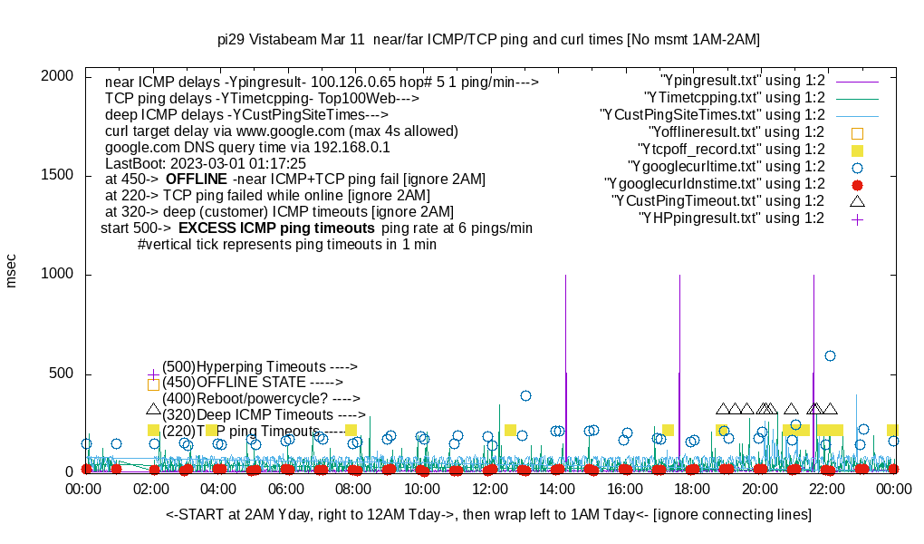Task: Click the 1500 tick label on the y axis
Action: [57, 175]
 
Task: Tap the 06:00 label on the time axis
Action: [287, 488]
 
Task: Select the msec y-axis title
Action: [12, 271]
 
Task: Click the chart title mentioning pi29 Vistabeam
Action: [488, 40]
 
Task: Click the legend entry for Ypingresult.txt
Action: [742, 80]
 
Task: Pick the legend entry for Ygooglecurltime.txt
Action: [726, 167]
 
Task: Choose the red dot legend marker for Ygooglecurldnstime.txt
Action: [857, 184]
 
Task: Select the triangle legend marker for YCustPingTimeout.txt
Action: [857, 201]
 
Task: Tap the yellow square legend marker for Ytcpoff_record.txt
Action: [857, 150]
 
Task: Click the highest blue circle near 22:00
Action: [830, 355]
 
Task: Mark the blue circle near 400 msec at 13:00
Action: [525, 395]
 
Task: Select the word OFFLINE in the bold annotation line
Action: [196, 180]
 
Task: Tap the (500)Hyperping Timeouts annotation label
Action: [259, 367]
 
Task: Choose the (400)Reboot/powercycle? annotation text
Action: [261, 398]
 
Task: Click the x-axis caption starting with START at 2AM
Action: [488, 515]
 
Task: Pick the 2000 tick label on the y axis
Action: [57, 76]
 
